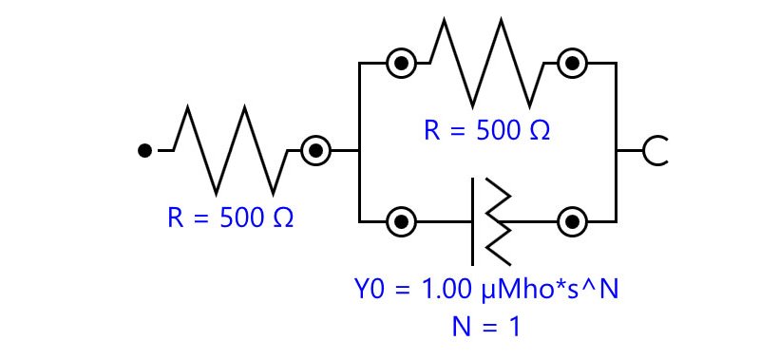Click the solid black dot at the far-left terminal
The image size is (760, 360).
(x=145, y=151)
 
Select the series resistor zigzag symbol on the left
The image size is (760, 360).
(x=230, y=150)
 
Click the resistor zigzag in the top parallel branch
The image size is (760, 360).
(x=486, y=63)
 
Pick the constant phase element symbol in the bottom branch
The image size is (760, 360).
(x=490, y=222)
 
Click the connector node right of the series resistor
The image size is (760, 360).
(x=316, y=151)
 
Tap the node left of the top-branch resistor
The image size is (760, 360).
(x=401, y=63)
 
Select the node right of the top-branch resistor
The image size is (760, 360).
(x=573, y=63)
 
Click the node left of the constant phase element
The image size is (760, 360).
(x=401, y=222)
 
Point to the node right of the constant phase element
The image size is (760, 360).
(x=573, y=222)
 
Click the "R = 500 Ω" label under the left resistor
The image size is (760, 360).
(x=230, y=218)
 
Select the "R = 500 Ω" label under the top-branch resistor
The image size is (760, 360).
(x=486, y=131)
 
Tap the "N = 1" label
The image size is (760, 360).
(x=486, y=327)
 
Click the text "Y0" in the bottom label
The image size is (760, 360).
(x=370, y=290)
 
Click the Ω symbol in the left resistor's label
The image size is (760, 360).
(x=283, y=218)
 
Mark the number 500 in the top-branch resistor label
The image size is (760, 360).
(x=497, y=131)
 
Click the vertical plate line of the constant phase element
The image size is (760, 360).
(x=472, y=222)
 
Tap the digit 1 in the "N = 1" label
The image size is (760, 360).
(x=514, y=327)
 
